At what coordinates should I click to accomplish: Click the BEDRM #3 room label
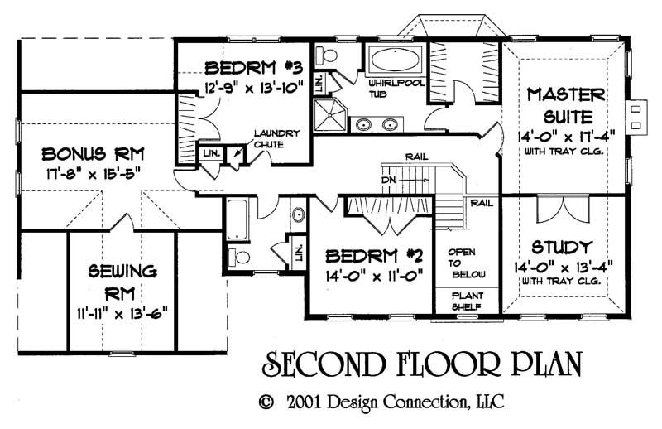(x=241, y=67)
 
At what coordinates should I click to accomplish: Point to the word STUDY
(x=562, y=247)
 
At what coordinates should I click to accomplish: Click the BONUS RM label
(x=81, y=154)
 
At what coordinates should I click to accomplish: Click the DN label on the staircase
(x=387, y=179)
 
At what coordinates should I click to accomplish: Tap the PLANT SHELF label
(x=466, y=300)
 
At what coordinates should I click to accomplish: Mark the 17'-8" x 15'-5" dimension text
(x=81, y=175)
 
